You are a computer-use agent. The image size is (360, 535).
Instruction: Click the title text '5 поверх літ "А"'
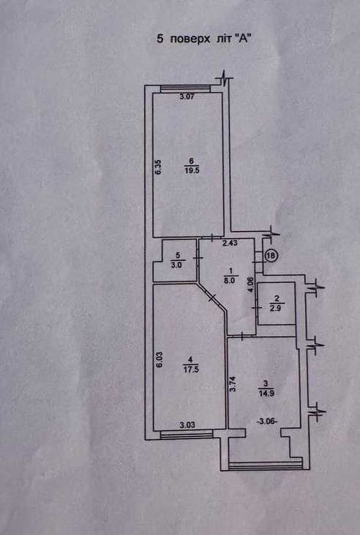(x=205, y=39)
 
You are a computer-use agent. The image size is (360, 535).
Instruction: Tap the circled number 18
(x=271, y=256)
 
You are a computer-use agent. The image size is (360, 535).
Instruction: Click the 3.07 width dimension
(x=187, y=96)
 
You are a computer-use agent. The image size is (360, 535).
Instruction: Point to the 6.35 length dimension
(x=158, y=168)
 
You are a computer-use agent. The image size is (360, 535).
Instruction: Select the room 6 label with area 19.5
(x=191, y=166)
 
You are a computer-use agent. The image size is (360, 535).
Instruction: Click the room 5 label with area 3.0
(x=177, y=260)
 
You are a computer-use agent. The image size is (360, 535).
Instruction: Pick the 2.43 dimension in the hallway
(x=230, y=243)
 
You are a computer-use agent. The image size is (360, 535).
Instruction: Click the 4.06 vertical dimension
(x=251, y=285)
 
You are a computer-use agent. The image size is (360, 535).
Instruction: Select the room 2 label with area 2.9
(x=277, y=303)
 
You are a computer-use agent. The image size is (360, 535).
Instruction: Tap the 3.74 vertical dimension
(x=232, y=384)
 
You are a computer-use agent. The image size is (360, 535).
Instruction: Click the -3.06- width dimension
(x=267, y=422)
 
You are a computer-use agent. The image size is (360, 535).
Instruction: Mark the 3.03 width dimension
(x=188, y=425)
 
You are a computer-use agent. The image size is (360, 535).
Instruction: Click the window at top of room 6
(x=185, y=88)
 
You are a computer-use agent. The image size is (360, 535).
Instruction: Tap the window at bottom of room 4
(x=186, y=434)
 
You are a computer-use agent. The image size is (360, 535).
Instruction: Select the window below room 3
(x=265, y=465)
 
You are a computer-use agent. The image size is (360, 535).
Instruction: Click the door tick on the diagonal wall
(x=212, y=297)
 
